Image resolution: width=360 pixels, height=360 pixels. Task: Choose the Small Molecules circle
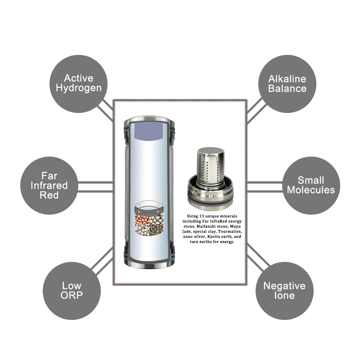(311, 185)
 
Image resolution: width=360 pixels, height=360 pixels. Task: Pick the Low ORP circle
(72, 290)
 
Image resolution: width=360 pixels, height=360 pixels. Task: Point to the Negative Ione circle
(284, 290)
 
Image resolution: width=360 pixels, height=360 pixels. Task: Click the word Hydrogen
(78, 88)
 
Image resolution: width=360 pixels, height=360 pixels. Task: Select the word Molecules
(311, 190)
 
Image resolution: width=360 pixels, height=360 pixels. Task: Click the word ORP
(72, 295)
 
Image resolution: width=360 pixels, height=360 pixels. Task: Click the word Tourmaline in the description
(227, 231)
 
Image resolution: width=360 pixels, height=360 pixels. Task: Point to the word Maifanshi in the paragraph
(209, 226)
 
